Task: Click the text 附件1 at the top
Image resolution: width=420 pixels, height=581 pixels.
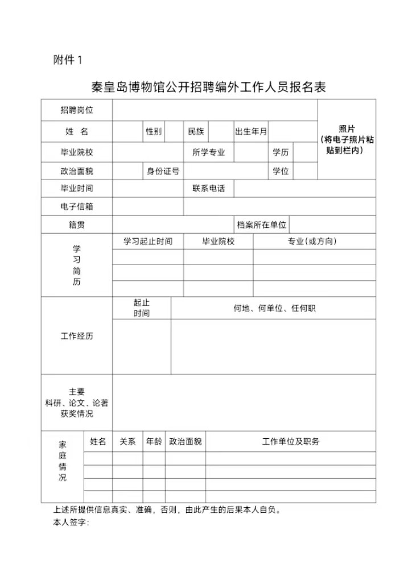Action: tap(68, 60)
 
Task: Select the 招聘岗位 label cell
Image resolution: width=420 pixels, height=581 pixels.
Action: tap(77, 110)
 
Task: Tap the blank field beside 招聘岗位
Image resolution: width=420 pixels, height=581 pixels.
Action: tap(215, 110)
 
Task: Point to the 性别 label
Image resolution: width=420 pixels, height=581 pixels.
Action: tap(154, 131)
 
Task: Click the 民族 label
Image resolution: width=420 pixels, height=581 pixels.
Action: tap(196, 131)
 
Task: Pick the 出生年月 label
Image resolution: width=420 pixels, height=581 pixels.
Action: tap(251, 131)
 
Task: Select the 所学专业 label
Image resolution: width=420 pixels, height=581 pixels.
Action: tap(208, 152)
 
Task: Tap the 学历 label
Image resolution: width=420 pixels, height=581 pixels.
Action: tap(281, 152)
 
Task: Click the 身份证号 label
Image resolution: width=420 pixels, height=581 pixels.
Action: tap(163, 171)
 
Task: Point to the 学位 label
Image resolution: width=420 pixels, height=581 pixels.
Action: tap(281, 171)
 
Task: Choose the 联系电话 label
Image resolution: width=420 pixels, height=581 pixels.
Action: tap(208, 188)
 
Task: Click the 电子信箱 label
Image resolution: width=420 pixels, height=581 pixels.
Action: tap(77, 206)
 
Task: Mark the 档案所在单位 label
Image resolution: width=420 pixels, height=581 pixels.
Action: tap(262, 225)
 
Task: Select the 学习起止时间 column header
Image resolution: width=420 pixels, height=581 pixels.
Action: tap(148, 241)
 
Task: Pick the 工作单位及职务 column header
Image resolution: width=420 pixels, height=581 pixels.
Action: tap(291, 441)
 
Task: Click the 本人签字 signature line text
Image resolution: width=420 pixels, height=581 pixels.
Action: tap(71, 522)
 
